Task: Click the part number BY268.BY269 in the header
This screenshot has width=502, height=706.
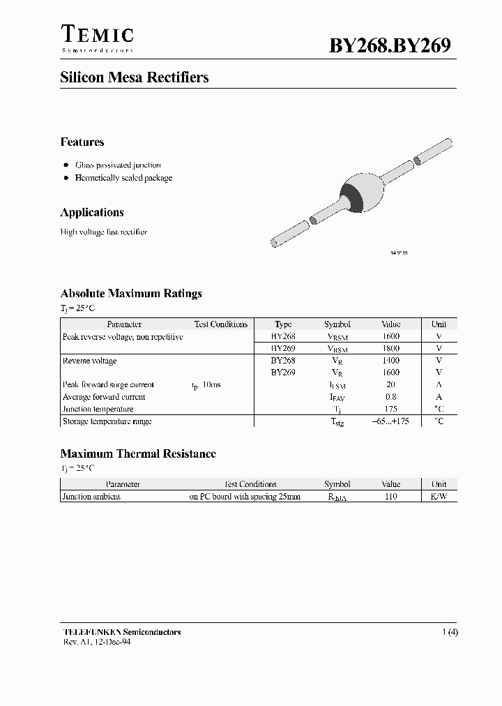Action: click(x=390, y=45)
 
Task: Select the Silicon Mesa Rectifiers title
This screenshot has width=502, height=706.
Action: click(x=135, y=77)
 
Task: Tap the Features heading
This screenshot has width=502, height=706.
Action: click(x=82, y=142)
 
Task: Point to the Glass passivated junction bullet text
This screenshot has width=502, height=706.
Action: click(x=118, y=165)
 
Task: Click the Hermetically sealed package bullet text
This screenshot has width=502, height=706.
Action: click(x=123, y=178)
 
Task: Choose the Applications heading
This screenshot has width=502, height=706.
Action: click(x=92, y=212)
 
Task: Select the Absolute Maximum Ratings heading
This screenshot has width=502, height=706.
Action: click(x=131, y=294)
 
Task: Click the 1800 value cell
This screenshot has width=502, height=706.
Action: click(x=391, y=348)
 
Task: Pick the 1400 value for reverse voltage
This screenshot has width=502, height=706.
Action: click(x=391, y=361)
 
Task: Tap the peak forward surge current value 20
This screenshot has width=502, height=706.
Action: click(x=391, y=385)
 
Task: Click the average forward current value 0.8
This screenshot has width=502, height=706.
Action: click(x=391, y=397)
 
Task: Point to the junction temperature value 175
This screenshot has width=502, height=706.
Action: click(x=391, y=409)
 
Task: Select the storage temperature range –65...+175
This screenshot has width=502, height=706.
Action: click(x=391, y=421)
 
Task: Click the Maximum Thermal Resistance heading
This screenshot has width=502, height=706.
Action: click(x=138, y=453)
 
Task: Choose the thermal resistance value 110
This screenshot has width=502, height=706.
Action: click(x=391, y=497)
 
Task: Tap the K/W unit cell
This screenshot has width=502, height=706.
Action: click(x=439, y=497)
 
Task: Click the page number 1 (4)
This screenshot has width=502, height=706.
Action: click(x=450, y=632)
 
